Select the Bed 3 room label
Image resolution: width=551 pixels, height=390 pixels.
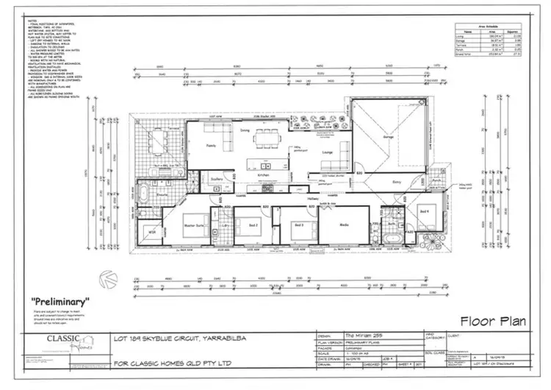click(x=298, y=224)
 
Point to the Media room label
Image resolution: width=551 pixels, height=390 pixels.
click(x=344, y=224)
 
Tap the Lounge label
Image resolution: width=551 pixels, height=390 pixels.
click(x=327, y=152)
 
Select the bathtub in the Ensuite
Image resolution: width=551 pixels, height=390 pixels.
click(x=144, y=195)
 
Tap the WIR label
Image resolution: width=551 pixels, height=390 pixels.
click(x=152, y=233)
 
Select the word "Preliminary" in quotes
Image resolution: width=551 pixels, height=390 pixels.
click(x=60, y=302)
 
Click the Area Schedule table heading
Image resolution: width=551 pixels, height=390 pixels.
click(x=489, y=24)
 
